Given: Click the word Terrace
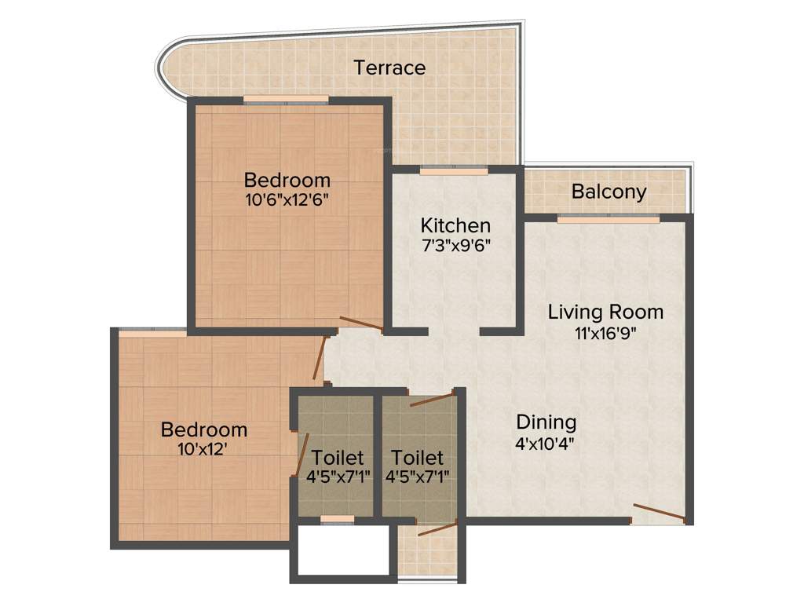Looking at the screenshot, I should click(x=389, y=68).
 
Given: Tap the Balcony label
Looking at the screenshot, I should click(x=608, y=192).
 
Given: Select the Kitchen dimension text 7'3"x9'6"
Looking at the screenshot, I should click(x=455, y=244).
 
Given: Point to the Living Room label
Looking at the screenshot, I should click(x=605, y=312).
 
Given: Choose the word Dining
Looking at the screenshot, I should click(x=546, y=422).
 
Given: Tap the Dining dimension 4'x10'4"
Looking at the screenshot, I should click(x=546, y=443).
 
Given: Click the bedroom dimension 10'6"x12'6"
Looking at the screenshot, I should click(x=287, y=199).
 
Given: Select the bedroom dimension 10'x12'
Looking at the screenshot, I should click(x=204, y=450).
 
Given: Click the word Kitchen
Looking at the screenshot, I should click(x=455, y=225).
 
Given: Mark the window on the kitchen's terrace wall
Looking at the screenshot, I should click(x=454, y=170).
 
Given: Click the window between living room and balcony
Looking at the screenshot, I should click(x=608, y=219).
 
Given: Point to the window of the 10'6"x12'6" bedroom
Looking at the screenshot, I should click(x=286, y=100).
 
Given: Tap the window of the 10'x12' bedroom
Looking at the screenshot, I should click(x=152, y=333).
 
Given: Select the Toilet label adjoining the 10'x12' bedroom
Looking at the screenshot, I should click(x=338, y=457).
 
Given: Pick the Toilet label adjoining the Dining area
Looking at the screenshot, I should click(x=417, y=457).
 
